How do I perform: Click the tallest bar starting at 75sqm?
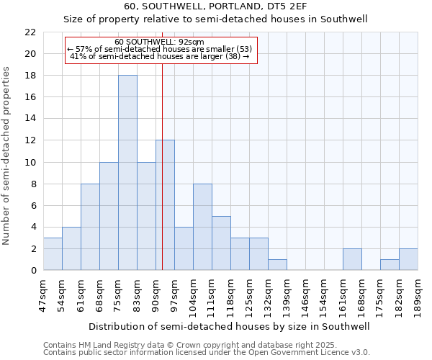point(127,173)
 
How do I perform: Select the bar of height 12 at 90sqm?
point(165,205)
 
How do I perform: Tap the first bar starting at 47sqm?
point(53,254)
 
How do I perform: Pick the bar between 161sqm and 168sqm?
point(352,259)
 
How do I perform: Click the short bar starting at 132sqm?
point(277,265)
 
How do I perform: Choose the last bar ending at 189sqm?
point(408,259)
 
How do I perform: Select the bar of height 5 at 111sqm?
point(221,243)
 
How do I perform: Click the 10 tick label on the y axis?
point(30,162)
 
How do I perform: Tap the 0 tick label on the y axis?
point(33,270)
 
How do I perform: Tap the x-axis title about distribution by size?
point(230,326)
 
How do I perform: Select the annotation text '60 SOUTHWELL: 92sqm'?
point(159,42)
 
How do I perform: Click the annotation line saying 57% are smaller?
point(159,49)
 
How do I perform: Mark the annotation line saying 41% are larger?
point(159,56)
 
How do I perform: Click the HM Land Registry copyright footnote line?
point(205,345)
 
